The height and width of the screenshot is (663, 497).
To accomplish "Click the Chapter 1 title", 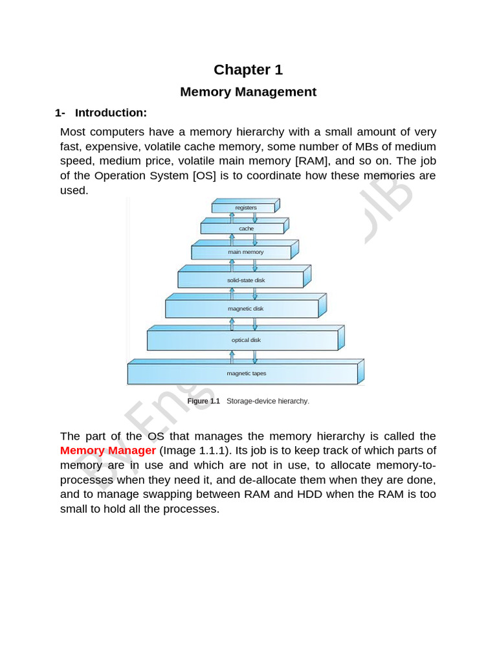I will coord(248,70).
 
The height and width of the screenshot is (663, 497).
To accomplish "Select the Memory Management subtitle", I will coord(248,92).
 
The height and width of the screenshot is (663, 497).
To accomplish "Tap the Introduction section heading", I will coord(111,113).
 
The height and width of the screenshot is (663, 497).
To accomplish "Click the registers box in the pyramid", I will coord(245,208).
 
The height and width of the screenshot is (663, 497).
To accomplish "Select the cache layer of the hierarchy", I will coord(245,229).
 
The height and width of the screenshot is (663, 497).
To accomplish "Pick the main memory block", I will coord(245,252).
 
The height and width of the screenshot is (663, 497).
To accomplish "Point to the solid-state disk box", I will coord(245,280).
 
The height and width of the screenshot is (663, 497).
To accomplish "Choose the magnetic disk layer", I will coord(245,309).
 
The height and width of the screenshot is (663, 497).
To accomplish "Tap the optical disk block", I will coord(245,340).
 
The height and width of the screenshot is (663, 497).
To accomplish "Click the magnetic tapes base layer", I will coord(245,374).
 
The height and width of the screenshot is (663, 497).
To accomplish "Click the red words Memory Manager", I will coord(108,450).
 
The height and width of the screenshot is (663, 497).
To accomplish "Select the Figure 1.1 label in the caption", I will coord(203,401).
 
